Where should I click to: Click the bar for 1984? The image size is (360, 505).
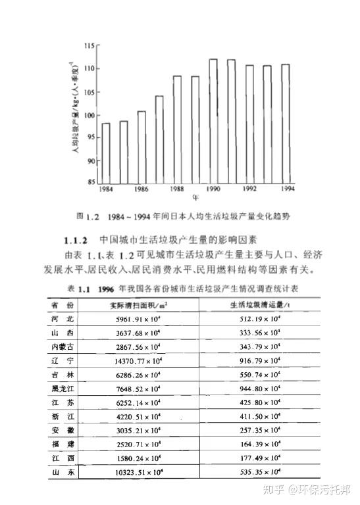[x=106, y=153]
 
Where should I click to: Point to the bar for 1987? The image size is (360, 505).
[x=159, y=139]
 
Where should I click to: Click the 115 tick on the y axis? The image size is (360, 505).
[x=91, y=45]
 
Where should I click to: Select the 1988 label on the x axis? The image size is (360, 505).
[x=176, y=189]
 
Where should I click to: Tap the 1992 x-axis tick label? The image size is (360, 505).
[x=249, y=189]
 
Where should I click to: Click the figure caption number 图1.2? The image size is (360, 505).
[x=87, y=216]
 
